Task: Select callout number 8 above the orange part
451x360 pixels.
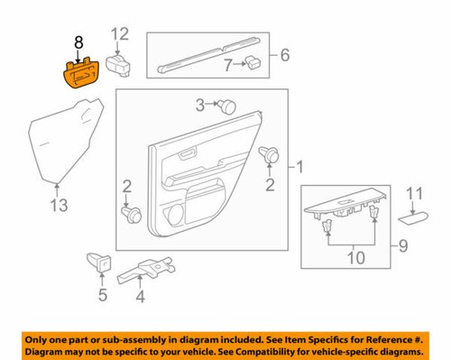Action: [x=78, y=42]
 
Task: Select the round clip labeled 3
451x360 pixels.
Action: [x=227, y=106]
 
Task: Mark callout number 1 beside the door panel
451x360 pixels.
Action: [x=300, y=167]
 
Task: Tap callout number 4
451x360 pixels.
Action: [x=140, y=296]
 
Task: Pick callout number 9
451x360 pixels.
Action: [x=402, y=245]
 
